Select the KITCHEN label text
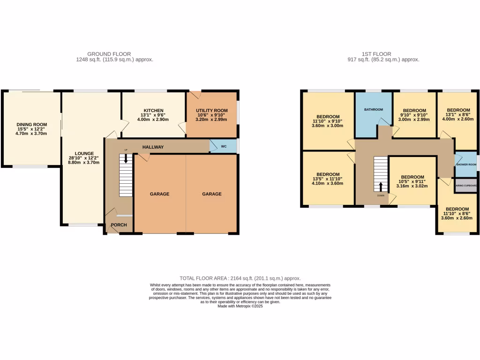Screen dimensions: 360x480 (x=153, y=110)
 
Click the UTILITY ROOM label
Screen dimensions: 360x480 (x=211, y=110)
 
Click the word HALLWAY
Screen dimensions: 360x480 (x=153, y=147)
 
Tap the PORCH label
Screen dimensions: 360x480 (x=119, y=225)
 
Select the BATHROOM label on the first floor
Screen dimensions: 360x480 (x=374, y=110)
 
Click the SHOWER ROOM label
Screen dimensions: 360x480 (x=466, y=165)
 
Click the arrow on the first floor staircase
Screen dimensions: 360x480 (x=381, y=187)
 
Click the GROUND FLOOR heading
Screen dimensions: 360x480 (x=109, y=54)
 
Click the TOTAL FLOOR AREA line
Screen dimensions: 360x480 (x=240, y=278)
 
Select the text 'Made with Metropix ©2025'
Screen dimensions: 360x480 (x=240, y=306)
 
